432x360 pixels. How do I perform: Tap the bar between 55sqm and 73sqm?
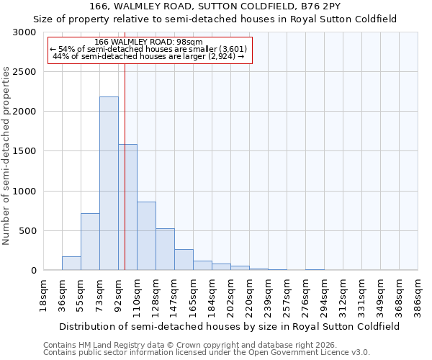pyautogui.click(x=90, y=242)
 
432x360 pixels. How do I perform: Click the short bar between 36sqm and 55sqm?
pyautogui.click(x=71, y=264)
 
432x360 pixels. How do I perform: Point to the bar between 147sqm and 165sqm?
pyautogui.click(x=184, y=260)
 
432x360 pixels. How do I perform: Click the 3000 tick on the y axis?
pyautogui.click(x=23, y=32)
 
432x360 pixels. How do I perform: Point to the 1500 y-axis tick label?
pyautogui.click(x=23, y=151)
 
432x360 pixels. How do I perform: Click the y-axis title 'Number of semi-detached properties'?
pyautogui.click(x=6, y=156)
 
